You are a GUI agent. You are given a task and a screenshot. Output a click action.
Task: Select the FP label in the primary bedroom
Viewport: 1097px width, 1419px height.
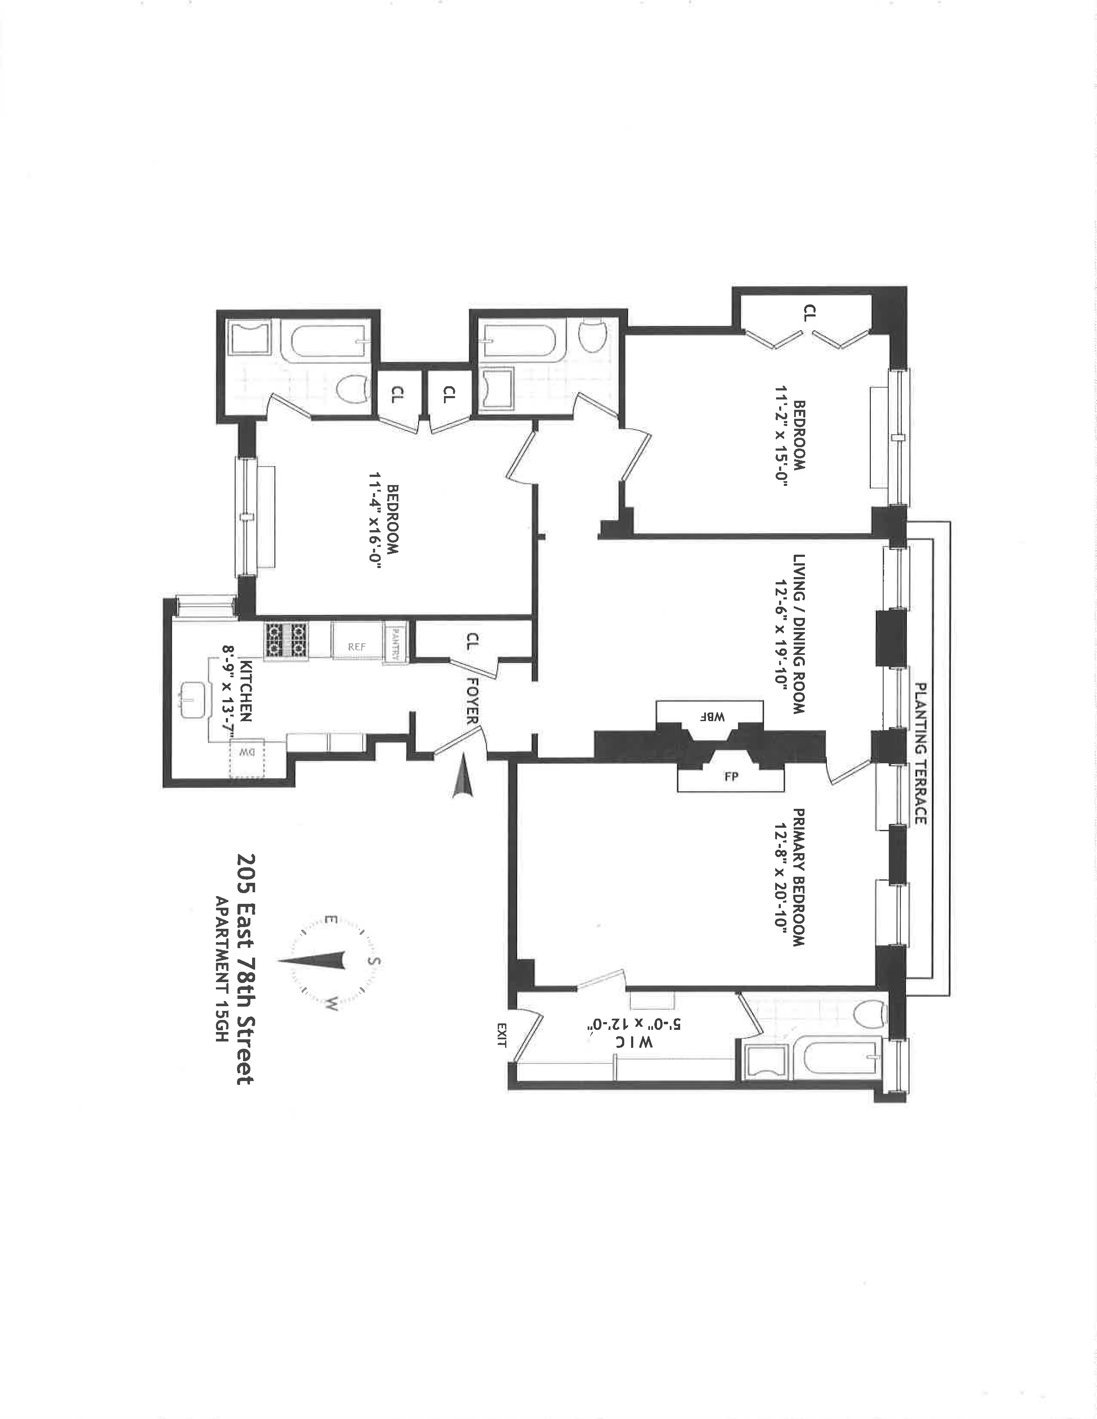(x=731, y=777)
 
